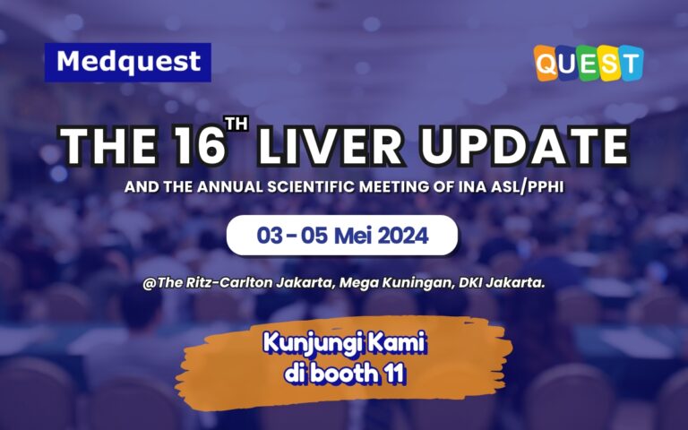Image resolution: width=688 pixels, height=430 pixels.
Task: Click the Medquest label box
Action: pos(127,62)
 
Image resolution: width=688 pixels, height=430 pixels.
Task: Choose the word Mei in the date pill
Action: pos(363,236)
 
